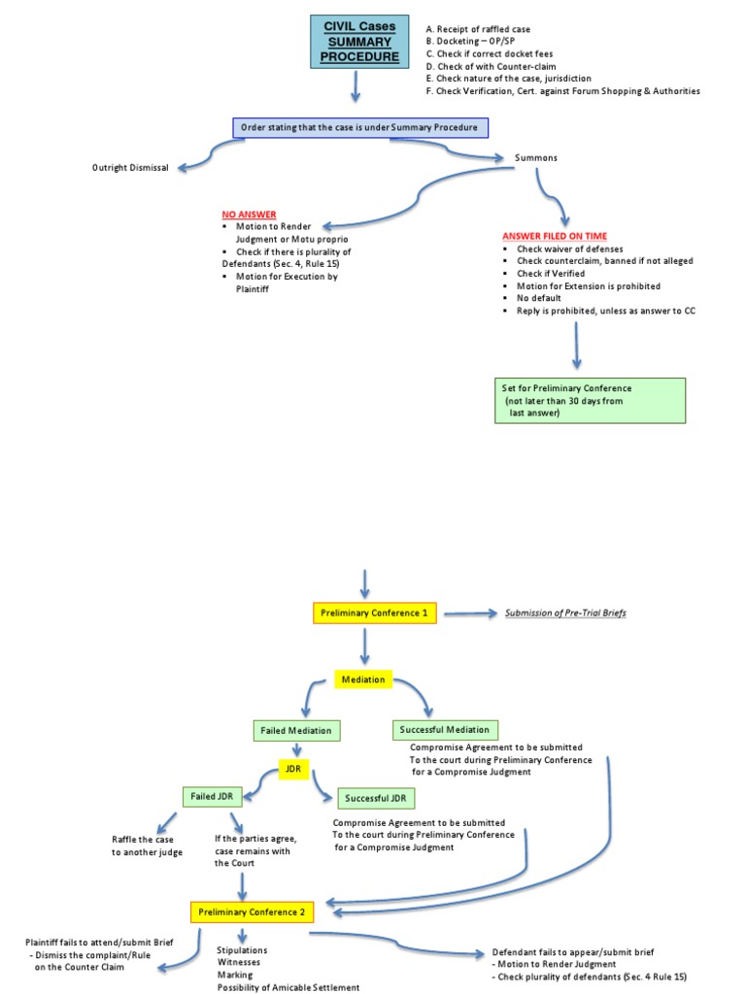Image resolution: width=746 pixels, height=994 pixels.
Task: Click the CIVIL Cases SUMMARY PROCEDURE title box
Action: click(x=354, y=43)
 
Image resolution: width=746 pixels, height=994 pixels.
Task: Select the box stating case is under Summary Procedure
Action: click(x=359, y=128)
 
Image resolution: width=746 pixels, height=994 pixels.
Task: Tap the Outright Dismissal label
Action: click(x=130, y=168)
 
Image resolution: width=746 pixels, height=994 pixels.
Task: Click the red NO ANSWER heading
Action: click(x=249, y=214)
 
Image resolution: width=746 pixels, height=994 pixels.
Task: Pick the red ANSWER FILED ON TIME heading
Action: click(x=555, y=236)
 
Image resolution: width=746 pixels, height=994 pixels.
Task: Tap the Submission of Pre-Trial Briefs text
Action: click(x=565, y=613)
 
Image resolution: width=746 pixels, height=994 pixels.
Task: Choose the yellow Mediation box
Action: click(x=362, y=679)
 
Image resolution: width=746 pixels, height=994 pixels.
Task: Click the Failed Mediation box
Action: click(x=295, y=730)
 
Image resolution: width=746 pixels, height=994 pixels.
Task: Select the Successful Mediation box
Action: click(x=446, y=729)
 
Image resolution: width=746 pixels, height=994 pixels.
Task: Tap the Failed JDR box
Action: click(x=211, y=796)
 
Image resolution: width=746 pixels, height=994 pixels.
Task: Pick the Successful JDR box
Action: click(x=376, y=799)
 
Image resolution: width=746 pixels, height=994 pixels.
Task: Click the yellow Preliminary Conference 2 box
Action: click(x=252, y=912)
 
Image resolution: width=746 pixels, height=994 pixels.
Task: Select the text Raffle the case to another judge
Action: click(x=145, y=845)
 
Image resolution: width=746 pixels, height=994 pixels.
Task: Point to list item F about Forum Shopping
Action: click(x=562, y=91)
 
